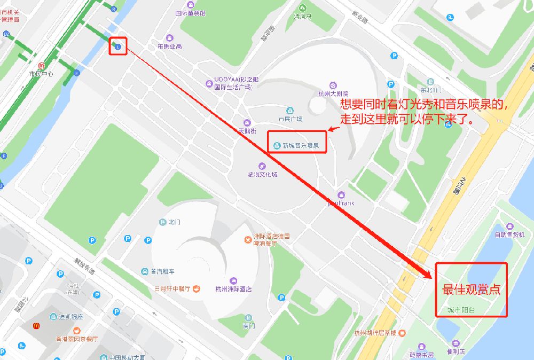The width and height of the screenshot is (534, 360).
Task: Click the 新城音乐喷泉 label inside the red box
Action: pos(301,146)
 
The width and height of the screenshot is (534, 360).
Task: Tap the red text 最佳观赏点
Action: pos(471,289)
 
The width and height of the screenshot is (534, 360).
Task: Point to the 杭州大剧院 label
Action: pos(333,93)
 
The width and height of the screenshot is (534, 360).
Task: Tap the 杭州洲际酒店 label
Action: pos(233,289)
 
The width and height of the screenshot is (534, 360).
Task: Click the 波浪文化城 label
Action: pos(262,174)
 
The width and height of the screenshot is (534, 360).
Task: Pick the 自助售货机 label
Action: pos(510,234)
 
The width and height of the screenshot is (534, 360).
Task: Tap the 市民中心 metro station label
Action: pos(41,74)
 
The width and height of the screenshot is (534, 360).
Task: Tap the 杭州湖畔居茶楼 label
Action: pos(375,333)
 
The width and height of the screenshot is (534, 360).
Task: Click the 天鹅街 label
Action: pos(247,131)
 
